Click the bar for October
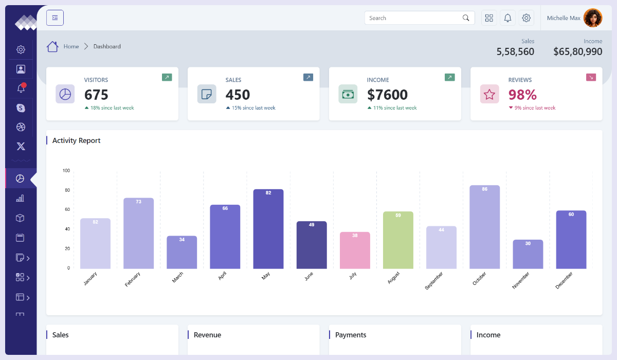(x=484, y=227)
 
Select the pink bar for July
(x=355, y=250)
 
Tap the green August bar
(x=398, y=240)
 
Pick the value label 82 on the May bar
(x=268, y=193)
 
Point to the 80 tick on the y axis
(x=66, y=190)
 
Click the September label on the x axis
(x=434, y=281)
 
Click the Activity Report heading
(x=77, y=140)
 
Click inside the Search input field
(x=411, y=18)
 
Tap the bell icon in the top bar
(x=507, y=18)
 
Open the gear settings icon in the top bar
(x=526, y=18)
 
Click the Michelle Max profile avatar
(x=593, y=18)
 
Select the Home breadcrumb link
(x=71, y=46)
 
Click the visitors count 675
(x=96, y=95)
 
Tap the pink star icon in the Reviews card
(x=489, y=94)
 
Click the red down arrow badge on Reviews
(x=591, y=77)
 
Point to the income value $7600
(x=387, y=95)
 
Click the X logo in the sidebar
(x=21, y=147)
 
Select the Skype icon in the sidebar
(x=21, y=108)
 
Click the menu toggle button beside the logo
(x=55, y=18)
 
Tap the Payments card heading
(x=351, y=335)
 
